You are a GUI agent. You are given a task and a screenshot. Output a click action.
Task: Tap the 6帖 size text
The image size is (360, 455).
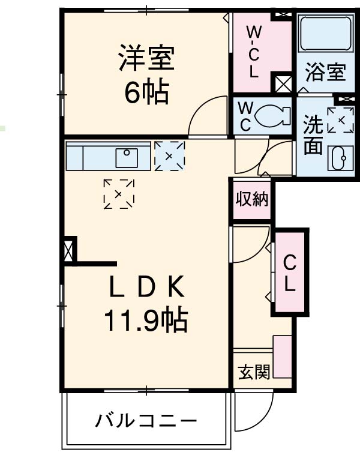(x=146, y=92)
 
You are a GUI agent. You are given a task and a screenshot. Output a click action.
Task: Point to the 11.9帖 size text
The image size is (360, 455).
(x=146, y=322)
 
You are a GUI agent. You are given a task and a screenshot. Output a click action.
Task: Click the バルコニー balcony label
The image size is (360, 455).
(x=146, y=421)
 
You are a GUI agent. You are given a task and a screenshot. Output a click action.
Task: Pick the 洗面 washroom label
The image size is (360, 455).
(x=313, y=136)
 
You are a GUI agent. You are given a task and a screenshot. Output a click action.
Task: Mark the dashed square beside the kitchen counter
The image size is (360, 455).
(x=169, y=156)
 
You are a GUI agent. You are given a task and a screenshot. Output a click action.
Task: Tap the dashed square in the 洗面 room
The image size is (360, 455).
(x=340, y=120)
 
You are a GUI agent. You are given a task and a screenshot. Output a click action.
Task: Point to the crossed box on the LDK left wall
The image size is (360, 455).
(x=70, y=251)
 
